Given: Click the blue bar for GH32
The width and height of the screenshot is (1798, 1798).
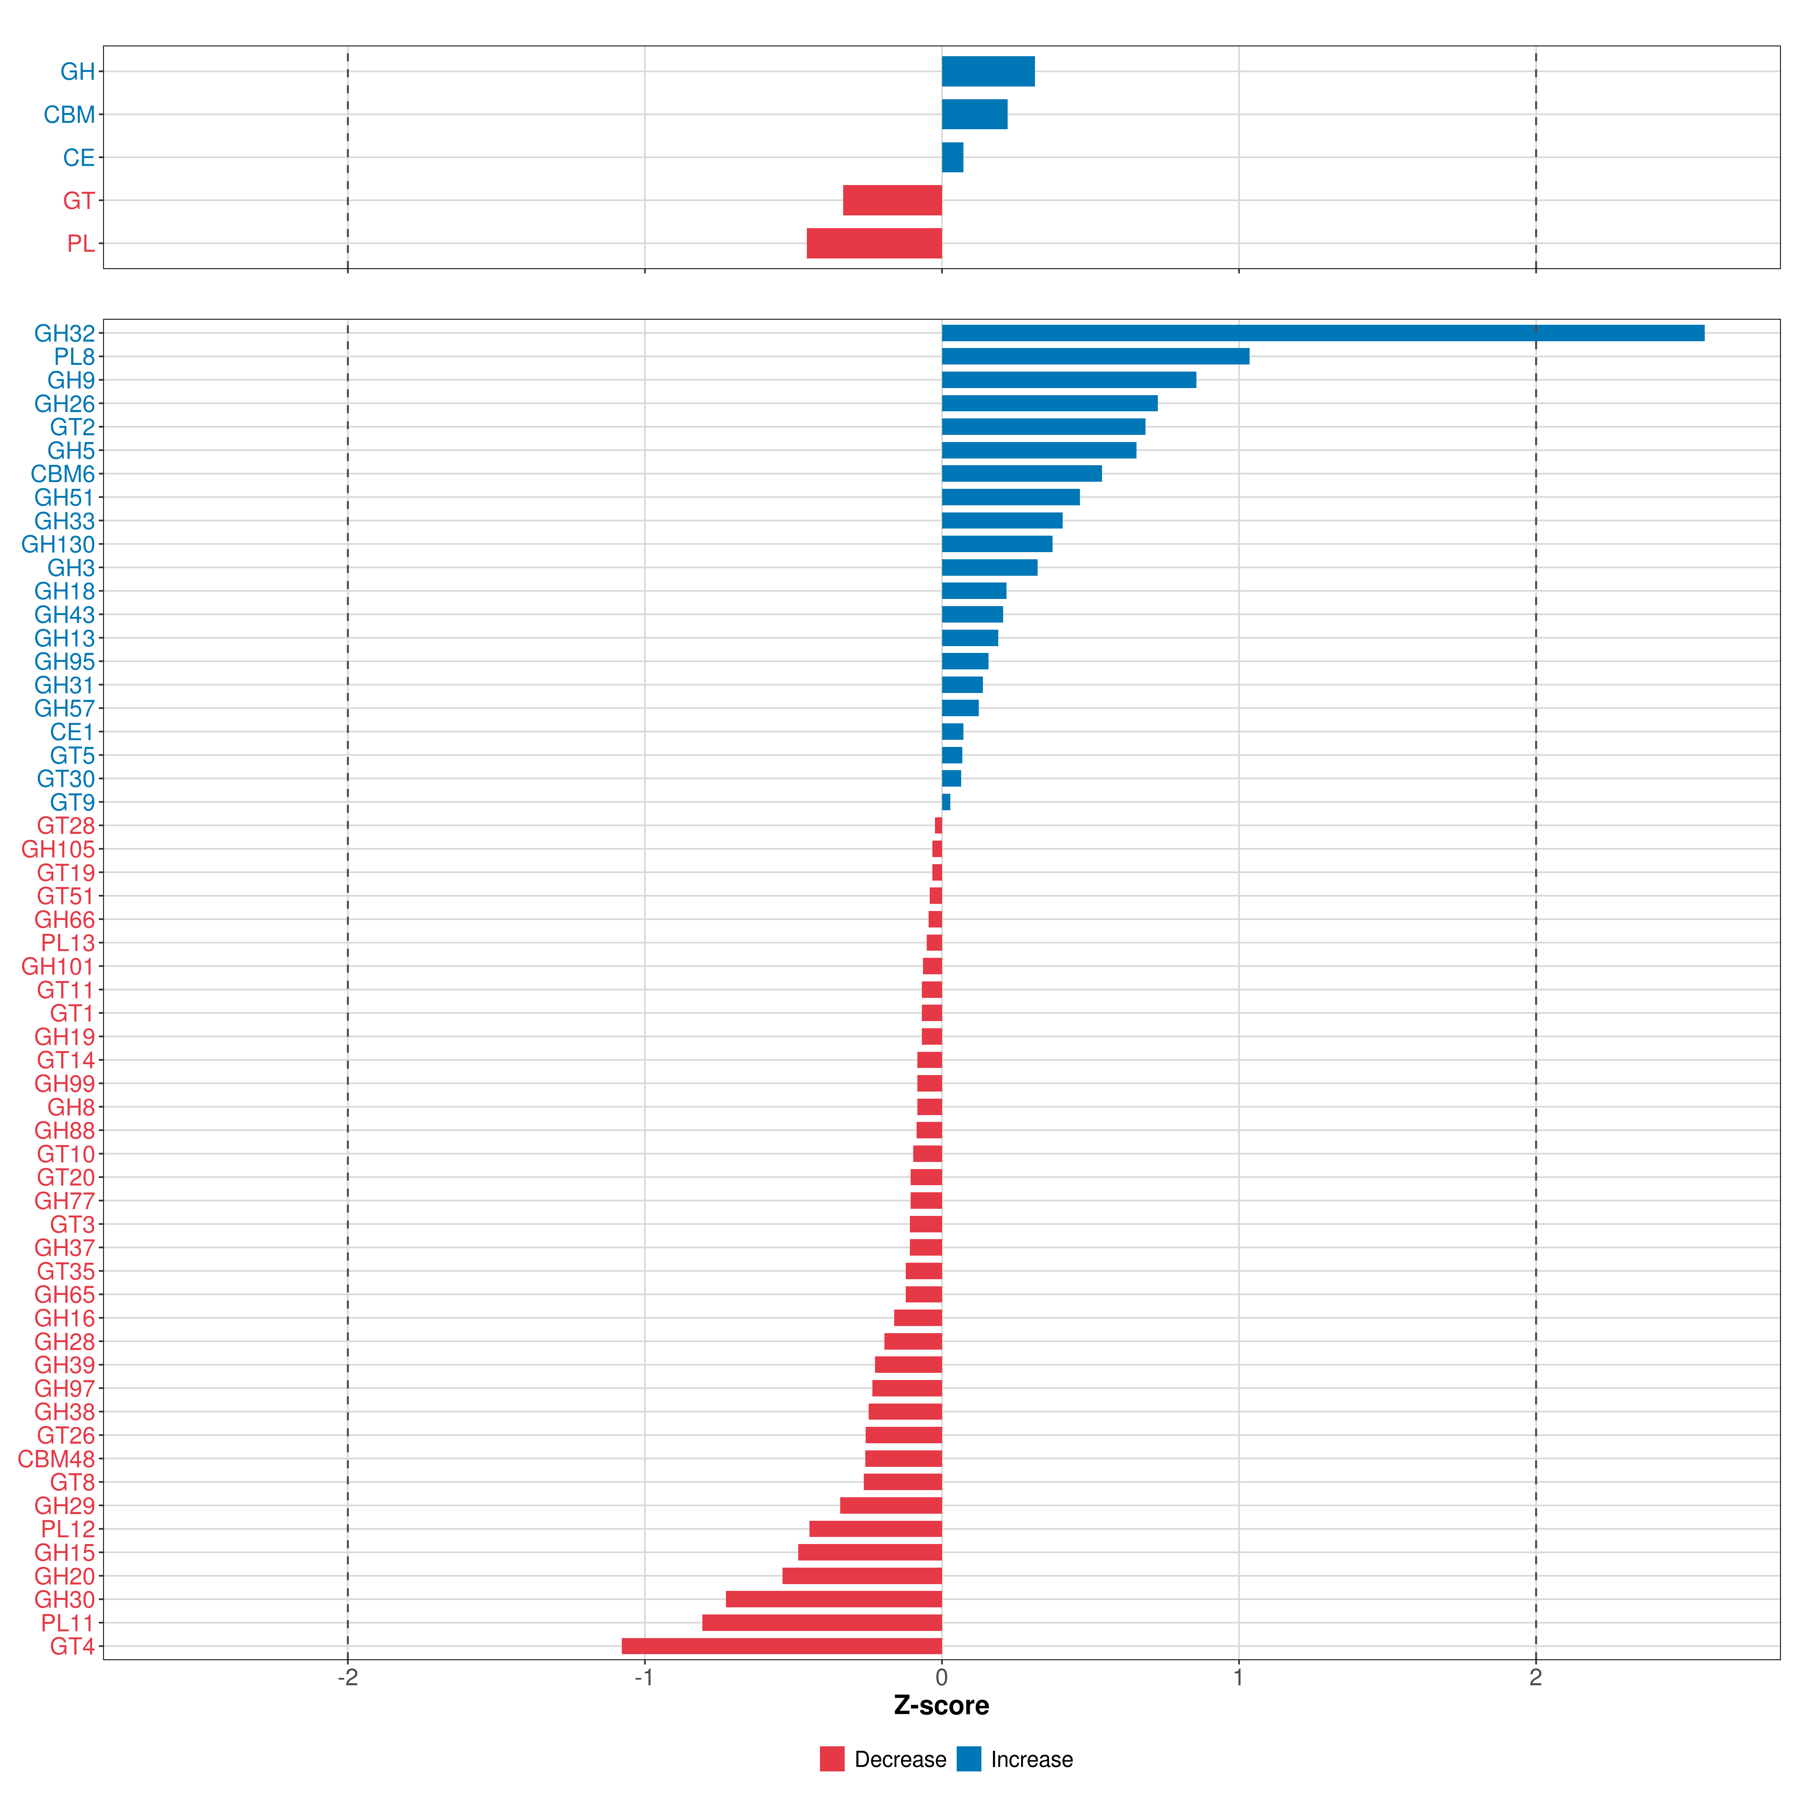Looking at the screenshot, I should pyautogui.click(x=1322, y=333).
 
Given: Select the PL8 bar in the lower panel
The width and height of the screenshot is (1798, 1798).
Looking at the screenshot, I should pyautogui.click(x=1095, y=357).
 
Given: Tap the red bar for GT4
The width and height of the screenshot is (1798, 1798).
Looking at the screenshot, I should pyautogui.click(x=782, y=1646).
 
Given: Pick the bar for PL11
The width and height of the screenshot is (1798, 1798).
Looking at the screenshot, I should pyautogui.click(x=822, y=1623).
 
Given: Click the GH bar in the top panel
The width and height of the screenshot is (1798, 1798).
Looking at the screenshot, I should pyautogui.click(x=987, y=72).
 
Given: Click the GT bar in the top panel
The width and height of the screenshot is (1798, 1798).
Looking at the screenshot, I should pyautogui.click(x=892, y=200).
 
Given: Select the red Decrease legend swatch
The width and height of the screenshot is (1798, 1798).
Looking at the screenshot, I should pyautogui.click(x=832, y=1759).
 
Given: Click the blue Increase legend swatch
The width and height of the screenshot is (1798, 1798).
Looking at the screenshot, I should pyautogui.click(x=969, y=1759).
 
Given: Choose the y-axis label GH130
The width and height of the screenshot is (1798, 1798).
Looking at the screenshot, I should pyautogui.click(x=59, y=544).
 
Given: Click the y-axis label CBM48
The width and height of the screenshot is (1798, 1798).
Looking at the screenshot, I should pyautogui.click(x=57, y=1458).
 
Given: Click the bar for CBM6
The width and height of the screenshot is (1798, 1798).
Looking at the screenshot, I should pyautogui.click(x=1021, y=474).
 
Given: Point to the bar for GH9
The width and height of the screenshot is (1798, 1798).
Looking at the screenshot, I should pyautogui.click(x=1068, y=380).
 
